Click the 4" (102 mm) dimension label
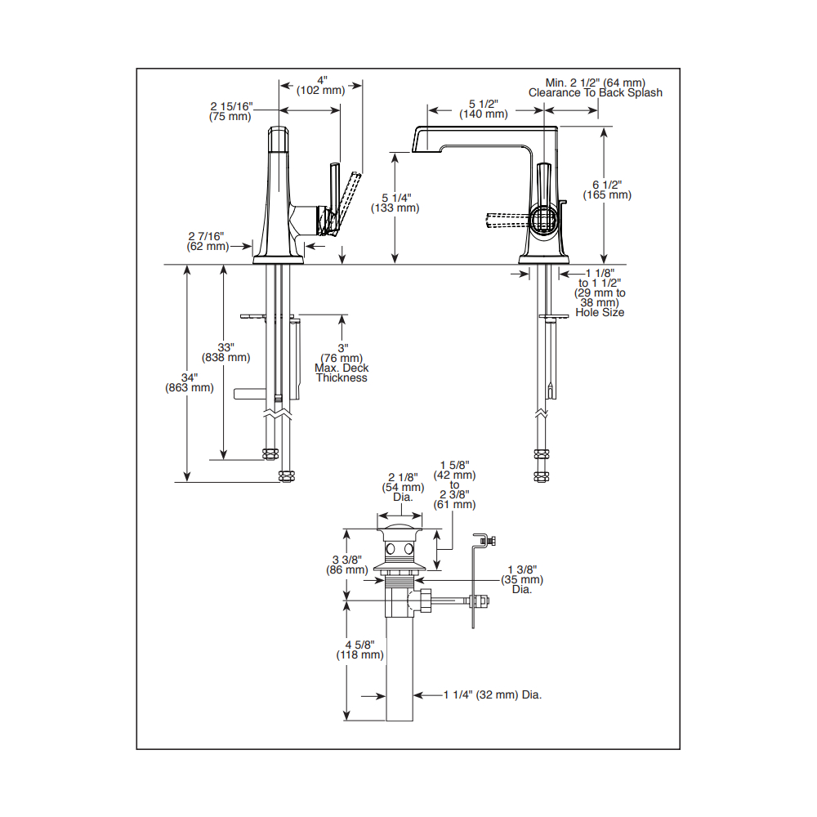[x=321, y=86]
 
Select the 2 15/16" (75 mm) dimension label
[x=231, y=111]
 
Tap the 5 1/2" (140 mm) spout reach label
[x=484, y=109]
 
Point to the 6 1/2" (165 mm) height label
[x=607, y=190]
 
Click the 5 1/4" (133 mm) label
[x=395, y=203]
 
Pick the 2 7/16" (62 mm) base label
[x=208, y=241]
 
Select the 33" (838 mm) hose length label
[x=225, y=353]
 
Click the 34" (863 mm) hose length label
[x=190, y=383]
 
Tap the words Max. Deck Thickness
[x=342, y=373]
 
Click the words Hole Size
[x=600, y=313]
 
